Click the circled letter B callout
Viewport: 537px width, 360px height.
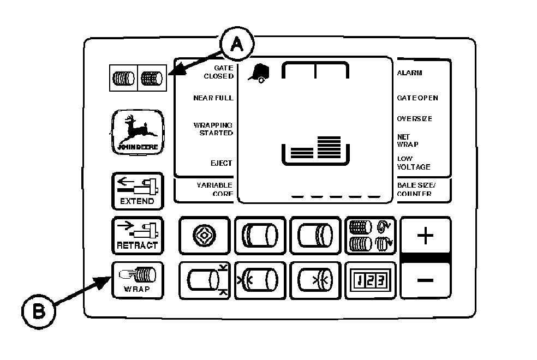(39, 313)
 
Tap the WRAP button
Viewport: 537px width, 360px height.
(137, 280)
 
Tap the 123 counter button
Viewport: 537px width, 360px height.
(370, 280)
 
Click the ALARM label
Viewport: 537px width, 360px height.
(409, 73)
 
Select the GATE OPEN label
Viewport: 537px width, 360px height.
(417, 98)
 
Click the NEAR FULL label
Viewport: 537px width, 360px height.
(213, 98)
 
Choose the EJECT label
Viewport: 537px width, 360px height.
(222, 163)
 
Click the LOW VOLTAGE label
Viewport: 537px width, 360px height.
(413, 163)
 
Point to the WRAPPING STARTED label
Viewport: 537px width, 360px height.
(213, 129)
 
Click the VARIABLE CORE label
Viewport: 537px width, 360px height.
(215, 189)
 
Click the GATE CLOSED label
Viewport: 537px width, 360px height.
(218, 72)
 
